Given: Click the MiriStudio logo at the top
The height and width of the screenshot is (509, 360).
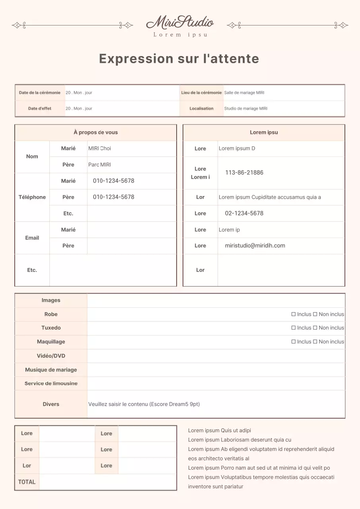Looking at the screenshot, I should click(180, 23).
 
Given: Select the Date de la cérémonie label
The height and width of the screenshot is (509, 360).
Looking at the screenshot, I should click(40, 93).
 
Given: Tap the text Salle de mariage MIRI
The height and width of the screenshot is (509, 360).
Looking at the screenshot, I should click(244, 93).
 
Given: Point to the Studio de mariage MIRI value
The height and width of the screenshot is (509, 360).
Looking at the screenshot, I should click(246, 109).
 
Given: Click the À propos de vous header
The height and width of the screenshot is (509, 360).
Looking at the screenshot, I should click(95, 132).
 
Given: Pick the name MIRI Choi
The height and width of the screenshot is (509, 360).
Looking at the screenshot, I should click(100, 148).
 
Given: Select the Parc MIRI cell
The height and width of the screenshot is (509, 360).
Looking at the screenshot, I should click(100, 165).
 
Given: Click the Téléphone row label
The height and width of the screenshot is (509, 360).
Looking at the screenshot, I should click(32, 197).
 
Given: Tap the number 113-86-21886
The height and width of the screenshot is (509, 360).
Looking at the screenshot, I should click(244, 173).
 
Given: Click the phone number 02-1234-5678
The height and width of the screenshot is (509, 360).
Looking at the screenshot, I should click(244, 213).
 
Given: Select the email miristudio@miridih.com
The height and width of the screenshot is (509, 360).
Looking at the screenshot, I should click(255, 246).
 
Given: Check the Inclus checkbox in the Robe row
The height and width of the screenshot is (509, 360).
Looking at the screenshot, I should click(294, 314).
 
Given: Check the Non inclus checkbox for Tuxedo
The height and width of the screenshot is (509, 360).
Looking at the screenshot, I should click(315, 328).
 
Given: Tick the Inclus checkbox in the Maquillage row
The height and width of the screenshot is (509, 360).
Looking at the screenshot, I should click(294, 342).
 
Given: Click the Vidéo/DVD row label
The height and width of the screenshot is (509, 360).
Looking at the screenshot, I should click(51, 356).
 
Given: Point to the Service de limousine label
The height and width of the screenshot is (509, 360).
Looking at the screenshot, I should click(51, 383).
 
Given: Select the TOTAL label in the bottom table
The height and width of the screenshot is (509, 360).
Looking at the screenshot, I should click(27, 482).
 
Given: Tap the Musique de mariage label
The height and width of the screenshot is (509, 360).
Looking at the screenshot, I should click(51, 370).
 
